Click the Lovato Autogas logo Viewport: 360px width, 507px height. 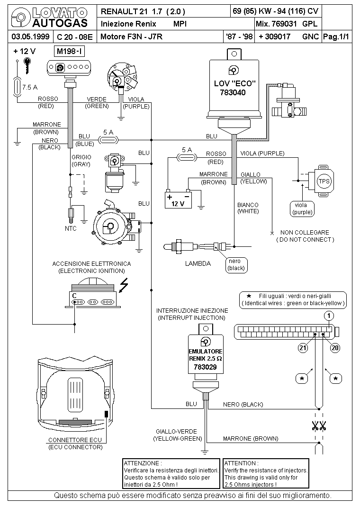click(49, 18)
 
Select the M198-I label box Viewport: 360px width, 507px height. click(70, 51)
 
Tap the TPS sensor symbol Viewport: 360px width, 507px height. click(324, 181)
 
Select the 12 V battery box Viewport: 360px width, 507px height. click(178, 199)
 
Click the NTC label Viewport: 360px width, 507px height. click(71, 228)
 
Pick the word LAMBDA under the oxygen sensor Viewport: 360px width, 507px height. click(198, 264)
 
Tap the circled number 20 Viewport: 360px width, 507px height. click(335, 348)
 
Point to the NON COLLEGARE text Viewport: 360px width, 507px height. click(305, 233)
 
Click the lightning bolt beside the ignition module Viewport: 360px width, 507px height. click(125, 285)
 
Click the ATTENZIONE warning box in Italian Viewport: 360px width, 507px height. click(171, 473)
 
